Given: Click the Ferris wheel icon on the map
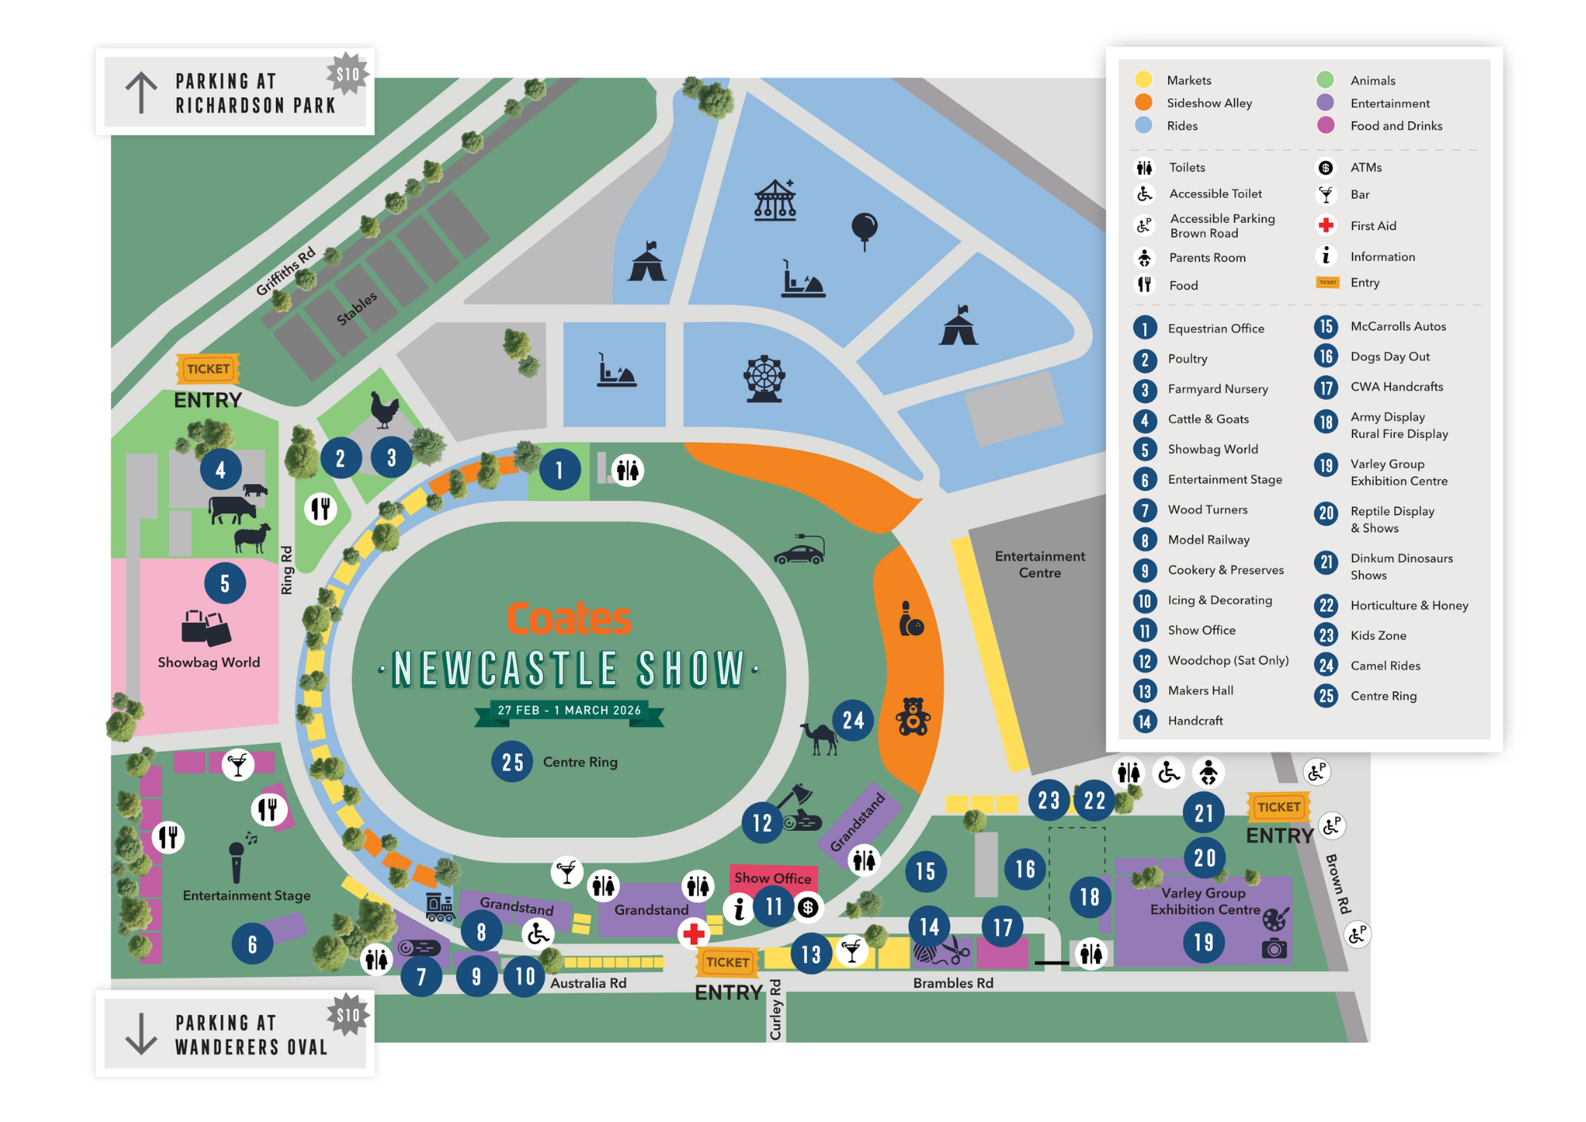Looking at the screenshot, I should [764, 378].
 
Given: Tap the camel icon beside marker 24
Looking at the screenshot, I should [820, 738].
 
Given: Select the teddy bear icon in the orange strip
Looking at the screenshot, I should [913, 717].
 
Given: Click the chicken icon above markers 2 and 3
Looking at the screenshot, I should [385, 409].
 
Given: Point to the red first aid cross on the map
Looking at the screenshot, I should [694, 933].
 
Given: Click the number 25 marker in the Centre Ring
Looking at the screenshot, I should [512, 762].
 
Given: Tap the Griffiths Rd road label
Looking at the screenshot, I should [285, 271].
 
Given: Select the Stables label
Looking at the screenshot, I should [357, 309].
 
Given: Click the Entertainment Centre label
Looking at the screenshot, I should [1040, 564].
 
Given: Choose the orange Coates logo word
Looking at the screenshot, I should [569, 619].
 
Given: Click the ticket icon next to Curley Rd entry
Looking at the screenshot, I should [727, 962].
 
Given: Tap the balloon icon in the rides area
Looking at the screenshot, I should [864, 230].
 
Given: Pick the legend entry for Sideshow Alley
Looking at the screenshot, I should [1209, 103].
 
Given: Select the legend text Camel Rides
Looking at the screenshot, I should [1385, 666].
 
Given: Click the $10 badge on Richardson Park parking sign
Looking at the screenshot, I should [347, 75].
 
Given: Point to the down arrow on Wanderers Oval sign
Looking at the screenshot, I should [141, 1033].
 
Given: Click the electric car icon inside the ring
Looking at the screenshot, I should [799, 551].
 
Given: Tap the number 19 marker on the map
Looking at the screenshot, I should [1204, 942].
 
